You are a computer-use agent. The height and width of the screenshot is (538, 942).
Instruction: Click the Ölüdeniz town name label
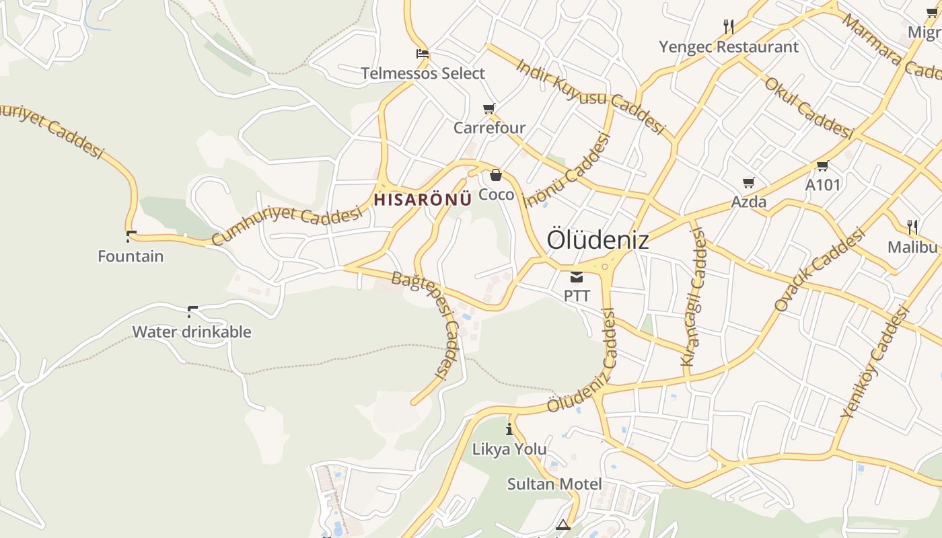tap(597, 239)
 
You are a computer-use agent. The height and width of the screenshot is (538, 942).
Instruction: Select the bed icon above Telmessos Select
tap(423, 54)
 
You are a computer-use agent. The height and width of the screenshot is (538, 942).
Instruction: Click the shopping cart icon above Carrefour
tap(489, 108)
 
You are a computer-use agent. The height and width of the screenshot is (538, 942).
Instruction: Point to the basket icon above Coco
tap(496, 176)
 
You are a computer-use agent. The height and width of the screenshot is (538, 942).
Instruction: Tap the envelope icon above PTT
tap(577, 277)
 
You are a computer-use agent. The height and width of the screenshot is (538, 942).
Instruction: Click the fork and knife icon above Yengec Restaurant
tap(729, 27)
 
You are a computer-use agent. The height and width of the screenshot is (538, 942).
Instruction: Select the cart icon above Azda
tap(748, 182)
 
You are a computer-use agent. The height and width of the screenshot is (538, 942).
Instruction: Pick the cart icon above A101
tap(822, 165)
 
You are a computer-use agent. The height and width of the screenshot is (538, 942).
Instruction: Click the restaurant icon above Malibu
tap(912, 226)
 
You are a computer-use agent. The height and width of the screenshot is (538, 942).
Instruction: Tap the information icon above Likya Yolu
tap(509, 429)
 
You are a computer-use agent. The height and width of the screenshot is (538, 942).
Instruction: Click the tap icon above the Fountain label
tap(131, 236)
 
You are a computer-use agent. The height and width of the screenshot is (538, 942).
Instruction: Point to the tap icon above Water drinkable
tap(192, 311)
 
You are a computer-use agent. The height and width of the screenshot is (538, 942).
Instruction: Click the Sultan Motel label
tap(554, 484)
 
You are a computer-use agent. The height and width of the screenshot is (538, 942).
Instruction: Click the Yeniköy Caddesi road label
tap(874, 362)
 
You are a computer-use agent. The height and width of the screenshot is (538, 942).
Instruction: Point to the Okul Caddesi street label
tap(808, 108)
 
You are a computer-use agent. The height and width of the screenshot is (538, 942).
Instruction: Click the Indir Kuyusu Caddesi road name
tap(590, 96)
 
